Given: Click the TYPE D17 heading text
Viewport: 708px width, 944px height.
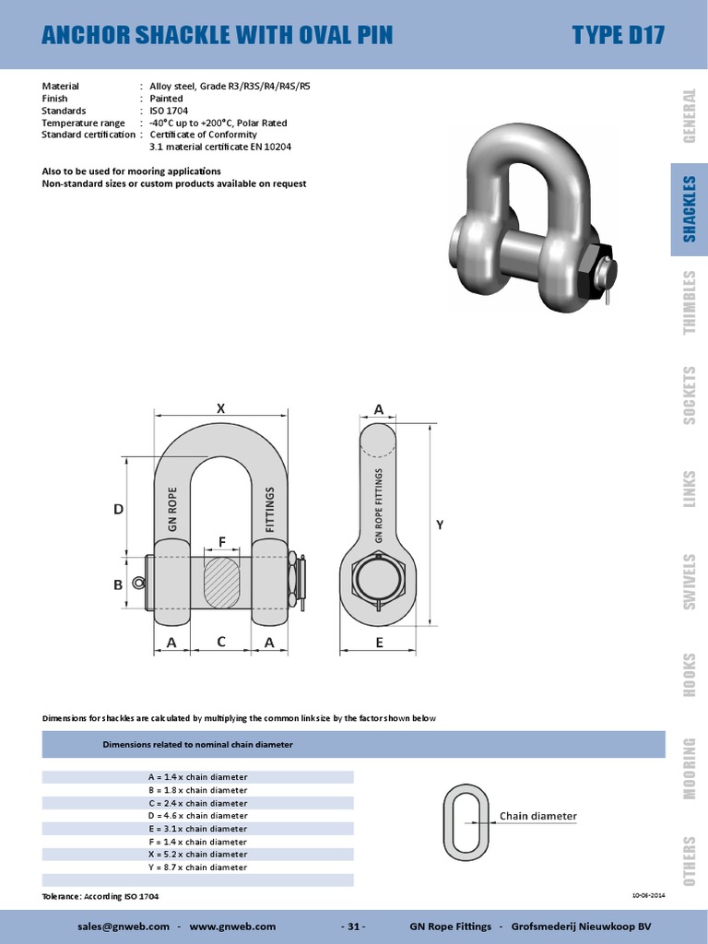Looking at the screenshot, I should pyautogui.click(x=618, y=35).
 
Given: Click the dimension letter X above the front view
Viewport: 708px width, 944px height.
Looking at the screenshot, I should pyautogui.click(x=220, y=407).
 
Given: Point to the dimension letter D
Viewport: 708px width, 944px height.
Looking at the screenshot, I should pyautogui.click(x=118, y=508).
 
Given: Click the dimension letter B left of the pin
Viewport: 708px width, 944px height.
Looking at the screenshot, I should pyautogui.click(x=118, y=584).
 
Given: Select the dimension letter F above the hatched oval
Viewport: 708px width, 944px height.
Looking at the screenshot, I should pyautogui.click(x=221, y=542).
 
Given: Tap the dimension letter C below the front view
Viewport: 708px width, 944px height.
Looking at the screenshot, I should pyautogui.click(x=220, y=643).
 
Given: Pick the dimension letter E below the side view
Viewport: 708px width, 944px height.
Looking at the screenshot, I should pyautogui.click(x=379, y=643).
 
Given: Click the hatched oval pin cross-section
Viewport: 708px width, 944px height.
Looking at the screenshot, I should pyautogui.click(x=221, y=582).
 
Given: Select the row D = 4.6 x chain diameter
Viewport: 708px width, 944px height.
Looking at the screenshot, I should pyautogui.click(x=197, y=816).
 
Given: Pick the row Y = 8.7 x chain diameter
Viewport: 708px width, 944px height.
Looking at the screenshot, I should pyautogui.click(x=197, y=867).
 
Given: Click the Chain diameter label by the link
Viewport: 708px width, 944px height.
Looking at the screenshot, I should pyautogui.click(x=538, y=816).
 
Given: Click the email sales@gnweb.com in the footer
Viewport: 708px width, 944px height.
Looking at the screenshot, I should pyautogui.click(x=129, y=926).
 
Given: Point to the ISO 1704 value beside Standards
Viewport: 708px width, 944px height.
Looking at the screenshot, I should pyautogui.click(x=169, y=111).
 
